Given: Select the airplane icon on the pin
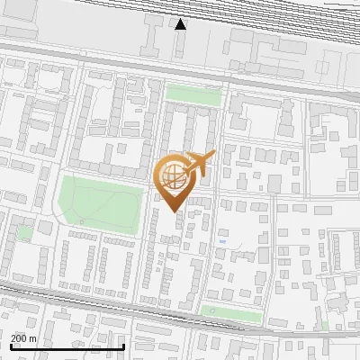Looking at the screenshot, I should (198, 163).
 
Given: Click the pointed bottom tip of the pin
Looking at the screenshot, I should (175, 211).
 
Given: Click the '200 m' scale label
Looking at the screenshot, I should (23, 337).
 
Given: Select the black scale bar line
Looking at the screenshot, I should (67, 346).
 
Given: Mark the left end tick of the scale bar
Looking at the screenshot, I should (12, 346).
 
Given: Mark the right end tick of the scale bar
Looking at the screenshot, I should (123, 346).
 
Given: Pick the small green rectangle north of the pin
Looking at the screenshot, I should (193, 94).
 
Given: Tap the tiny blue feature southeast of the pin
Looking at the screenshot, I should (222, 241).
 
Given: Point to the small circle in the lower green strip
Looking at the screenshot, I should (212, 311).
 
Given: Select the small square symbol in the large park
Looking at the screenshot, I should (81, 221).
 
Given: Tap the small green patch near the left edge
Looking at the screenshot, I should (26, 232).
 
